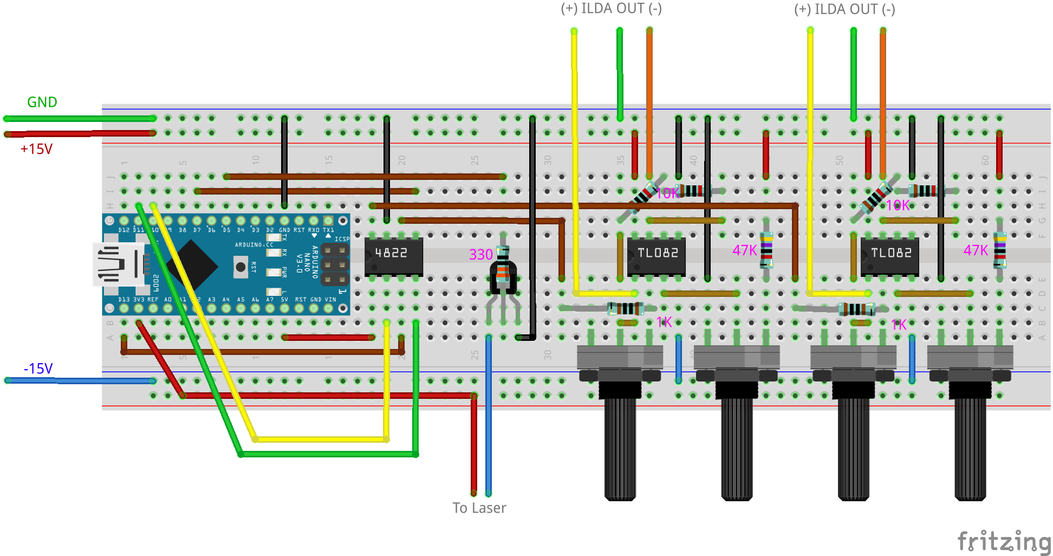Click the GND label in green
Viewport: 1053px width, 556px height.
pos(42,102)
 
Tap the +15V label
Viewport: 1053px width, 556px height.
pos(36,149)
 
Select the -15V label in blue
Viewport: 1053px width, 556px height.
pos(38,369)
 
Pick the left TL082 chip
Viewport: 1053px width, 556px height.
pos(656,255)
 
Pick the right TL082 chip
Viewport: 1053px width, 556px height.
pos(890,255)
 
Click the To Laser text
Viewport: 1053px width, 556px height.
pos(479,508)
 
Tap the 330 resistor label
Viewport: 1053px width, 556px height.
pos(480,255)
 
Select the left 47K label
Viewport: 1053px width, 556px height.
pos(744,250)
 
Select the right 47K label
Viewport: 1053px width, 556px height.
pos(976,250)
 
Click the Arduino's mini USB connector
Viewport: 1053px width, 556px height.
pos(116,264)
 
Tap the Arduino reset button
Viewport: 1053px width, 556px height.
pos(240,267)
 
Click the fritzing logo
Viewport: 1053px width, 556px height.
pos(1003,541)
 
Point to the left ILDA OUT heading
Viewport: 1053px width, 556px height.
pos(611,9)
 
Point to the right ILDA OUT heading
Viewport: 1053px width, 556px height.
pos(844,9)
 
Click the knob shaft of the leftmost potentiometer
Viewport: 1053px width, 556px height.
pos(620,450)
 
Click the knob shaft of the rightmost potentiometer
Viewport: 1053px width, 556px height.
pos(970,450)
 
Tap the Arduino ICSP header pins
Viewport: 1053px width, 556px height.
pos(335,265)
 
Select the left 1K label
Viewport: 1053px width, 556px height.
pos(664,322)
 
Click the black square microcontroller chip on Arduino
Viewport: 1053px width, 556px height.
pos(192,266)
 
